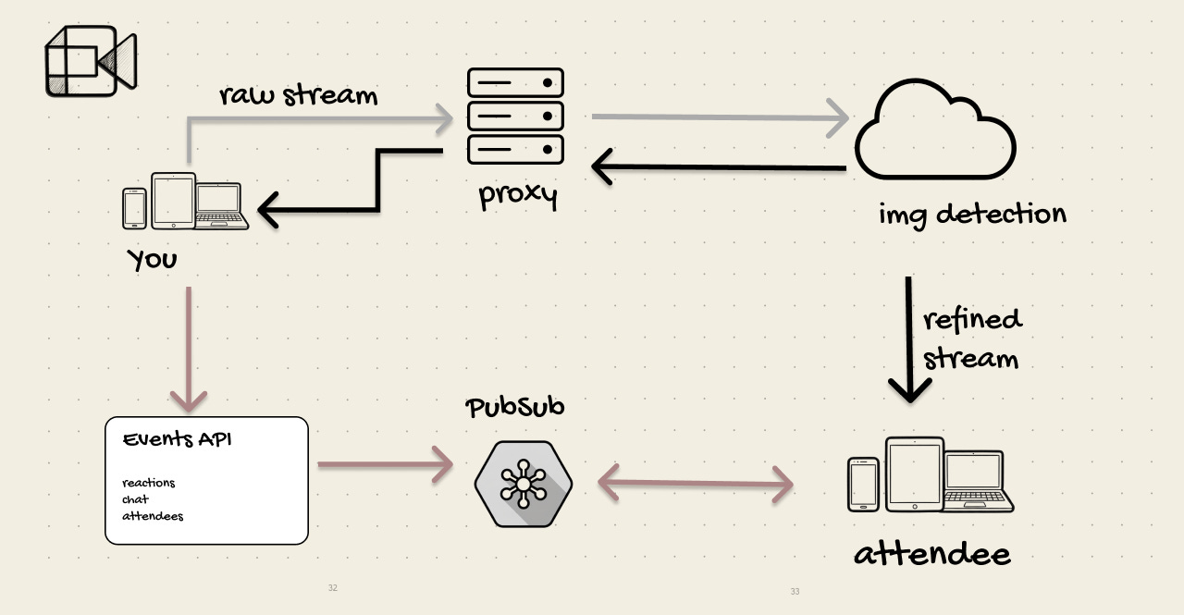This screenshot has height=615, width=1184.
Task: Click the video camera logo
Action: [x=90, y=63]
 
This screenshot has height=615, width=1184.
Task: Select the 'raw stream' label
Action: [x=298, y=95]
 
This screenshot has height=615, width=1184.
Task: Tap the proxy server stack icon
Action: [x=515, y=115]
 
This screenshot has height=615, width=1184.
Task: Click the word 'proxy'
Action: [x=517, y=196]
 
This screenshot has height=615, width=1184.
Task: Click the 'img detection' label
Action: [x=972, y=215]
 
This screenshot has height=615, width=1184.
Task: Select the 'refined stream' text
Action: [x=971, y=338]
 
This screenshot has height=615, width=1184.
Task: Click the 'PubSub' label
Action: [x=515, y=407]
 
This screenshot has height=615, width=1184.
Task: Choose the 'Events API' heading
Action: [x=177, y=439]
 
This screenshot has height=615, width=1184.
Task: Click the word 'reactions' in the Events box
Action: [x=148, y=483]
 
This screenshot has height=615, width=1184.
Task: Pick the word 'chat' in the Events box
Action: [x=135, y=499]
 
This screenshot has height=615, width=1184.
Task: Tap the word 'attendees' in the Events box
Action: [x=153, y=516]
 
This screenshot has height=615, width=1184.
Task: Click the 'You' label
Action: [x=153, y=260]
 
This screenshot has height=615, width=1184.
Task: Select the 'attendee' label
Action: [x=931, y=554]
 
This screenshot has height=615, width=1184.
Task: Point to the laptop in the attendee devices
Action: [x=978, y=482]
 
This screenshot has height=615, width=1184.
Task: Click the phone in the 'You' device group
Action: [x=135, y=208]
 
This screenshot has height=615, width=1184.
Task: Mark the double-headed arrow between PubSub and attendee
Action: [x=696, y=482]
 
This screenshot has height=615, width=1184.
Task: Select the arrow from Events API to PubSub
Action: [x=384, y=464]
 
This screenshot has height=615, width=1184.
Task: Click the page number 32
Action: [x=333, y=588]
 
